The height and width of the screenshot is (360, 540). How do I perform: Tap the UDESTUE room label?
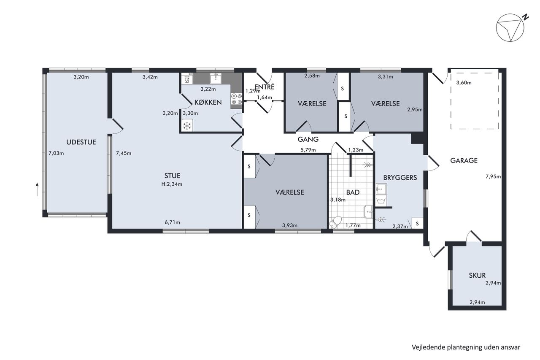coord(81,142)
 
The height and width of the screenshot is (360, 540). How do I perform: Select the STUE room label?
coord(172,176)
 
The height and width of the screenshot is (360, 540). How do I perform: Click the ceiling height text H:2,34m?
coord(172,184)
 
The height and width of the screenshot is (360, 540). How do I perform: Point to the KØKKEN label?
coord(208,102)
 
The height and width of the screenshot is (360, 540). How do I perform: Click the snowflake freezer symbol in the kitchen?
coord(187,126)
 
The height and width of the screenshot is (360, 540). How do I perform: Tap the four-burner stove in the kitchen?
coord(237,99)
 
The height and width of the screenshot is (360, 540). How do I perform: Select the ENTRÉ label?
coord(265,87)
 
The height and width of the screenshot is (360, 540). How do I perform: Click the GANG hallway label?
coord(308,139)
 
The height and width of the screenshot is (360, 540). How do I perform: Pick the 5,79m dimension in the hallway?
coord(308,150)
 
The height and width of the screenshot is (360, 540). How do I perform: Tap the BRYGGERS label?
coord(400,178)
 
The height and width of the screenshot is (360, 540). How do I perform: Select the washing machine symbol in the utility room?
coord(381,200)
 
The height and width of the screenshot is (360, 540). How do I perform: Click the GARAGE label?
coord(464,160)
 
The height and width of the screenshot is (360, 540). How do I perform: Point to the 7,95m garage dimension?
coord(493,176)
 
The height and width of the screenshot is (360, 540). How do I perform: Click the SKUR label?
coord(477,275)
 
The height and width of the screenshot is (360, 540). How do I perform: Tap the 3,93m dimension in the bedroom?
coord(290,225)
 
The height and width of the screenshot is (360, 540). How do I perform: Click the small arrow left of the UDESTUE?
coord(37,189)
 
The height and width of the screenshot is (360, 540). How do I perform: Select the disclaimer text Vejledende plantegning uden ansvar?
coord(466,347)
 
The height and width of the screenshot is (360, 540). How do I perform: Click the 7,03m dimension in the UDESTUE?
coord(56,153)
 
